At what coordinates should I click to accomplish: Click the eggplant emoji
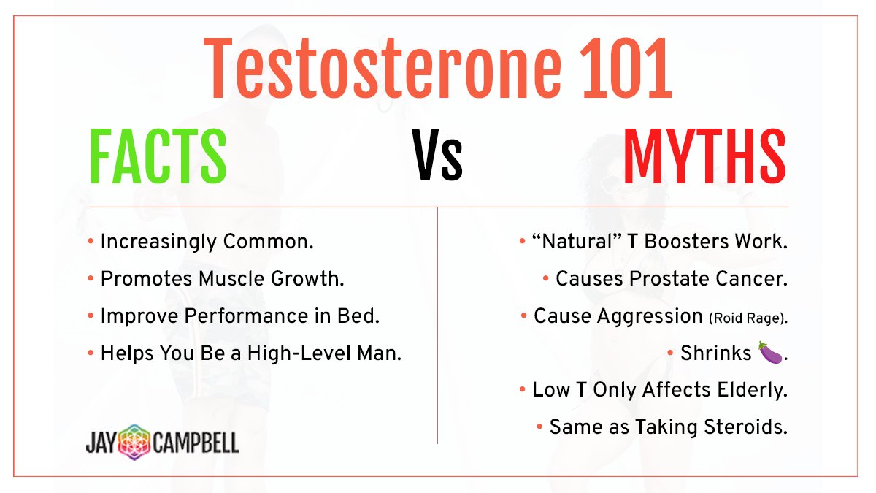[769, 353]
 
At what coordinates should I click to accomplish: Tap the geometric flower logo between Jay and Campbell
[135, 442]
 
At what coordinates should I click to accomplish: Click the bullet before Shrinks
[670, 353]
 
